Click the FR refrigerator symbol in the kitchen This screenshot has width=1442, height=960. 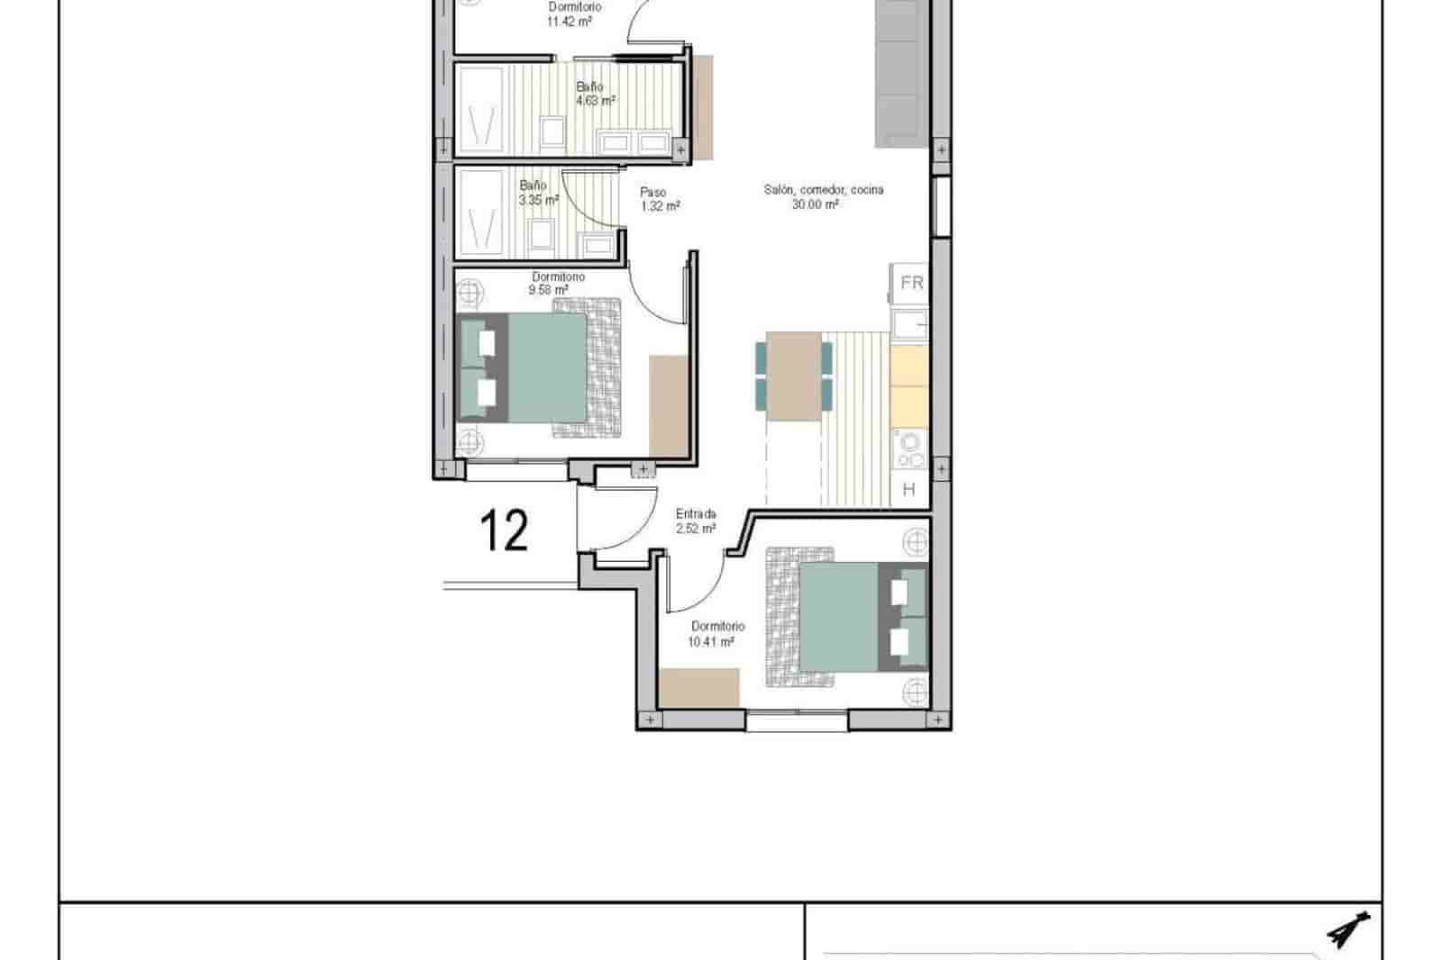click(x=911, y=283)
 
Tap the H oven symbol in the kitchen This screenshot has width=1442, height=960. click(x=908, y=490)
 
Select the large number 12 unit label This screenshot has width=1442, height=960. click(x=504, y=530)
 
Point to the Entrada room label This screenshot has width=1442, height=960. click(x=696, y=514)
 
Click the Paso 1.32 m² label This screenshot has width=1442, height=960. click(x=660, y=199)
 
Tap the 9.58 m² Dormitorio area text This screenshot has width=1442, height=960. click(x=548, y=290)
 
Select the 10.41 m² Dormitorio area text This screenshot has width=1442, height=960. click(x=711, y=642)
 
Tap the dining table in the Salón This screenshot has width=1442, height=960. click(x=793, y=376)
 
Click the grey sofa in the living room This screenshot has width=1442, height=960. click(x=901, y=72)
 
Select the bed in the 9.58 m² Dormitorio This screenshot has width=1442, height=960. click(x=539, y=367)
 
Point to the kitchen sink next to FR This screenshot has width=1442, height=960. click(x=910, y=322)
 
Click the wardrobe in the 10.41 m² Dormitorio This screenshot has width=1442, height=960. click(x=699, y=688)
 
